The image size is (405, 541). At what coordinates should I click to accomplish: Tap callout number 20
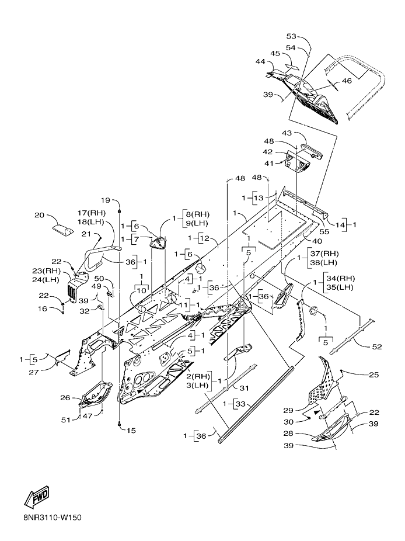tap(40, 216)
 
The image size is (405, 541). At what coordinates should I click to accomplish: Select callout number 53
tap(291, 36)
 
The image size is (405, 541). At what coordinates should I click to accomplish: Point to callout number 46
tap(347, 81)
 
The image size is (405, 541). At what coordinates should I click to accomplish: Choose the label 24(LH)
tap(46, 279)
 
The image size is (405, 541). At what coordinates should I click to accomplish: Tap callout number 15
tap(131, 430)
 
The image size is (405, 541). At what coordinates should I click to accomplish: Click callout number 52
tap(377, 347)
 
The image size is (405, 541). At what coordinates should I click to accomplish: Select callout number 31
tap(244, 388)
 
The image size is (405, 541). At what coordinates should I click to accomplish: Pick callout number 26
tap(65, 398)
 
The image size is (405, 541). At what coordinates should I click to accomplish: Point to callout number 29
tap(288, 410)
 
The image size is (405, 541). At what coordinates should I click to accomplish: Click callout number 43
tap(287, 133)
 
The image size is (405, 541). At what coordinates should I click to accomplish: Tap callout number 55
tap(324, 231)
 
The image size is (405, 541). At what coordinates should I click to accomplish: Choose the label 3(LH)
tap(197, 385)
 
